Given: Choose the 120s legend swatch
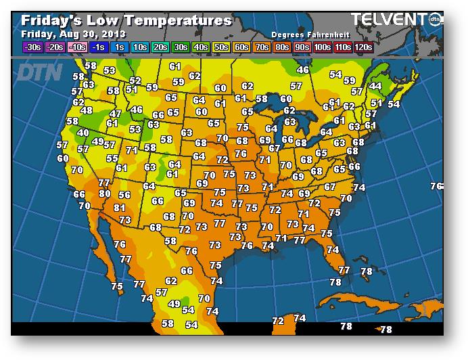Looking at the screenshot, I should pos(363,47).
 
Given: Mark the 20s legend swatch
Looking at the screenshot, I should pos(160,47).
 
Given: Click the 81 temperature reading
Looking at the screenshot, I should pos(120,208).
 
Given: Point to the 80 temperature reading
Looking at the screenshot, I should pos(105,194).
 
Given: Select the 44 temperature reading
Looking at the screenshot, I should pos(375,87).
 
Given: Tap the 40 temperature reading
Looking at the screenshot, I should pos(83,133).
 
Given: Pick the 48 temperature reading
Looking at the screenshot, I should pos(87,111).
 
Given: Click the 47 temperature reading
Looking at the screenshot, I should pos(116,114).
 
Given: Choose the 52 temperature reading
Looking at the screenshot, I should pos(135,81).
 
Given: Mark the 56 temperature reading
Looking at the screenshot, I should pos(124,196).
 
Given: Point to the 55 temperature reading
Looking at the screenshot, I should pos(112,158).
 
